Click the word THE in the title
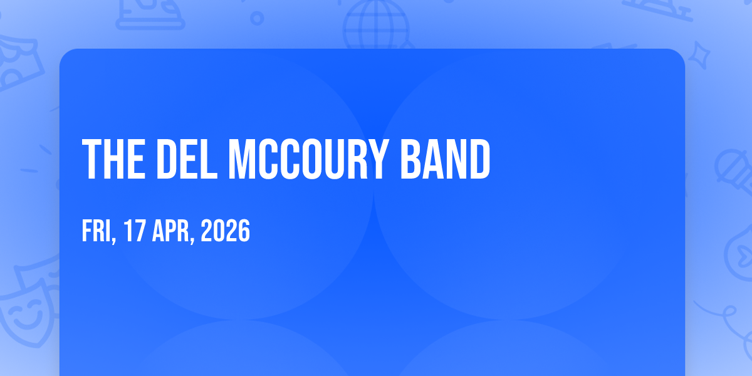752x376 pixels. coord(114,159)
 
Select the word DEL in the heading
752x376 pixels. coord(187,159)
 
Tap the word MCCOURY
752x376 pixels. coord(308,159)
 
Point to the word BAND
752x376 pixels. coord(445,159)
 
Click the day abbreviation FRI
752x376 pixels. coord(97,231)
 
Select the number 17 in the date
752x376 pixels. coord(135,231)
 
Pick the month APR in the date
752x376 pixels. coord(170,231)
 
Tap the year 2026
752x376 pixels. coord(225,231)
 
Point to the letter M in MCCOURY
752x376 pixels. coord(243,159)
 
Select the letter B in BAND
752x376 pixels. coord(411,159)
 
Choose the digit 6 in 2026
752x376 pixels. coord(244,231)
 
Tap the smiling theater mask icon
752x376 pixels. coord(27,312)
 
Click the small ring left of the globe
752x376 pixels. coord(257,18)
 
